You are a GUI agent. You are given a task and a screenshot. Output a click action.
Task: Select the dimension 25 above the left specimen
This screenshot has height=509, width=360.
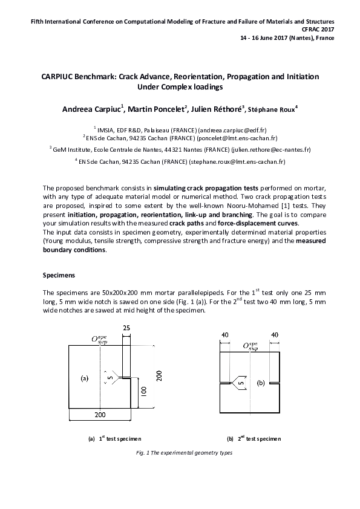[x=126, y=328]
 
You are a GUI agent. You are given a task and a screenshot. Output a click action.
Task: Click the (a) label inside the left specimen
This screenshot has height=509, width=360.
[x=85, y=378]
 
